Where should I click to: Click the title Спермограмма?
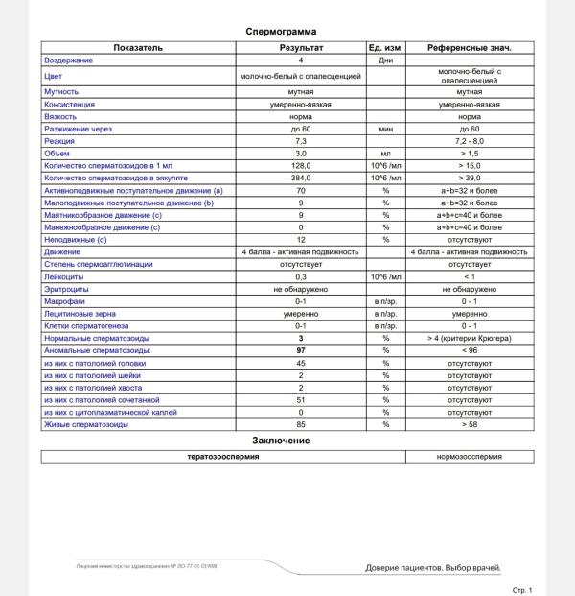(280, 32)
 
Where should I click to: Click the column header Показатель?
(138, 47)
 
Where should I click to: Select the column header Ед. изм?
(386, 47)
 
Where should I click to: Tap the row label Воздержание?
(69, 60)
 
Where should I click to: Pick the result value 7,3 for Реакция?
(300, 141)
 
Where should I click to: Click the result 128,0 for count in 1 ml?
(300, 165)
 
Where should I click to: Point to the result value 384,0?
(300, 179)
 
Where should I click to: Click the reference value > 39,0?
(469, 179)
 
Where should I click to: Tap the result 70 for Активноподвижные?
(300, 191)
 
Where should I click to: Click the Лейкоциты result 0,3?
(300, 276)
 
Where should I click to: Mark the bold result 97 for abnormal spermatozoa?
(300, 351)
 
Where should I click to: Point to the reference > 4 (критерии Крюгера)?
(469, 339)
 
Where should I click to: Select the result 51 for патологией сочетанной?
(300, 399)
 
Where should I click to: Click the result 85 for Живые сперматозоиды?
(300, 424)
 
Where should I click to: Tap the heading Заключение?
(280, 440)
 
